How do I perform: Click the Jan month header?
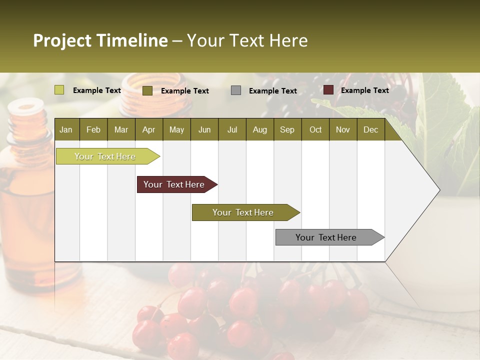click(x=66, y=129)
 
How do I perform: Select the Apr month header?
click(x=148, y=129)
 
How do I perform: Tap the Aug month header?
click(x=259, y=129)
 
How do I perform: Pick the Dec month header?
click(x=370, y=129)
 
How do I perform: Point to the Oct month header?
click(x=315, y=129)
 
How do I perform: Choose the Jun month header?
click(x=204, y=129)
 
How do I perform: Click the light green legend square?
click(x=59, y=90)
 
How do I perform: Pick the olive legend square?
click(x=147, y=90)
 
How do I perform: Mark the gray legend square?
click(x=236, y=90)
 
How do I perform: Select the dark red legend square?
click(x=328, y=90)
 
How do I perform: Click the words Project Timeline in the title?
click(x=100, y=40)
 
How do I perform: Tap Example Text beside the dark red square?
click(x=364, y=90)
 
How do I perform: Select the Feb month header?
click(x=93, y=129)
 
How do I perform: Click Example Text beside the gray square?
click(x=272, y=91)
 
